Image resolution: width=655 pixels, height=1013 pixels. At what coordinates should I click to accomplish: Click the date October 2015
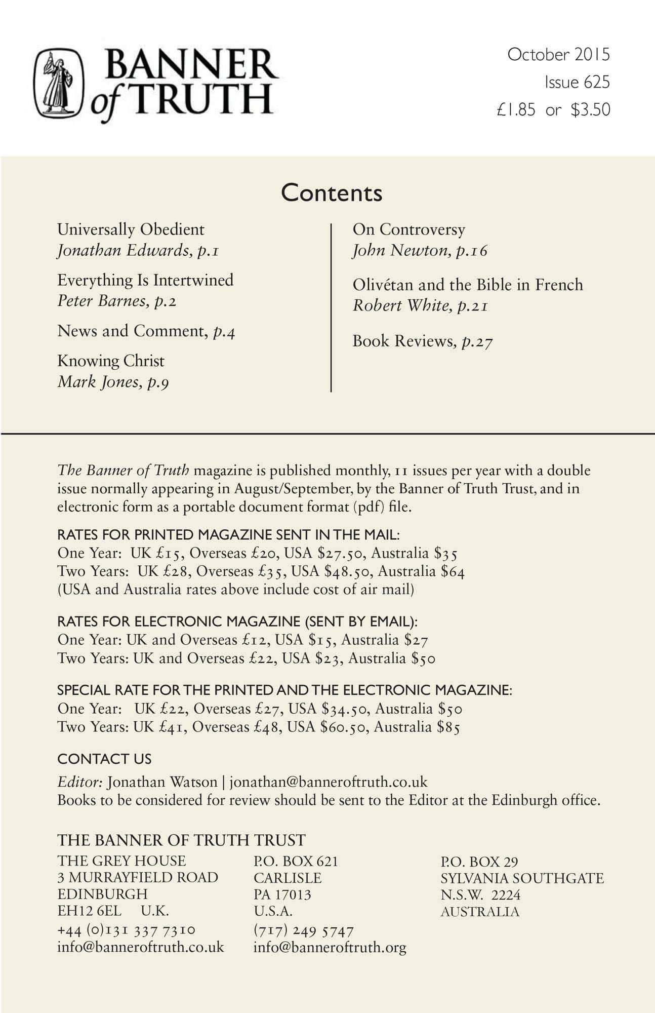point(558,55)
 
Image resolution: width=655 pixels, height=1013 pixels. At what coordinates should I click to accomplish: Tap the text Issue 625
point(577,82)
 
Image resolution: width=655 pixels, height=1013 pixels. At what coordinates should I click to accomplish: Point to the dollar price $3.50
point(590,110)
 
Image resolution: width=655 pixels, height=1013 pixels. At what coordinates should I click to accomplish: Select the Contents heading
point(332,193)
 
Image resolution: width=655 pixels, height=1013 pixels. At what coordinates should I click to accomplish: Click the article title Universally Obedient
point(131,229)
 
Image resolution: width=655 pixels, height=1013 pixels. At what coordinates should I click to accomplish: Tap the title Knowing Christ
point(111,361)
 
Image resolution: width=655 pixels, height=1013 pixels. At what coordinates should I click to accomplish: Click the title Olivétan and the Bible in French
point(468,285)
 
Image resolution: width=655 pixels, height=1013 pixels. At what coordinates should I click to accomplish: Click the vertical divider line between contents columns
point(331,307)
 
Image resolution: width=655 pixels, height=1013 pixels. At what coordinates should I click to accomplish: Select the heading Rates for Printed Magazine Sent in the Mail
point(228,535)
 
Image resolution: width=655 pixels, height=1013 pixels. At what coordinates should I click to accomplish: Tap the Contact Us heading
point(104,759)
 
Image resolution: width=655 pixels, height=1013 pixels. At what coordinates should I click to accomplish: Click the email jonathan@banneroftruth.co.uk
point(329,782)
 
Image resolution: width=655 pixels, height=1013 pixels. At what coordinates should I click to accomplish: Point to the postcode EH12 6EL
point(90,911)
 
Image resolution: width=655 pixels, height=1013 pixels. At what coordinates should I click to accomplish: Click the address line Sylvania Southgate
point(522,878)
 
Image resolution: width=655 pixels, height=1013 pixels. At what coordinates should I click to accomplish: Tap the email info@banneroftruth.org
point(330,947)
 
